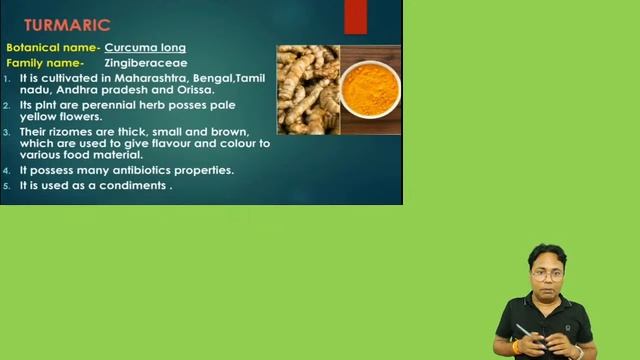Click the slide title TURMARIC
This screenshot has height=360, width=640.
[66, 24]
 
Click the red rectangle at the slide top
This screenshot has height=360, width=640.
[355, 17]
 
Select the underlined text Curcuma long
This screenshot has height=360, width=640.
[145, 47]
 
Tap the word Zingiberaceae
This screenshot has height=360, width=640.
[146, 62]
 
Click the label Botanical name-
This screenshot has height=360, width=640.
[52, 47]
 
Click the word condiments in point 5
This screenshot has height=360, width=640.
[133, 185]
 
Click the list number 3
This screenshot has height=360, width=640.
[7, 131]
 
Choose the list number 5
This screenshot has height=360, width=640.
[7, 185]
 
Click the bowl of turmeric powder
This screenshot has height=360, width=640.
[370, 88]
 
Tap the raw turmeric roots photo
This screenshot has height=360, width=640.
[307, 90]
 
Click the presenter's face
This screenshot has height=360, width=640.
[547, 271]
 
